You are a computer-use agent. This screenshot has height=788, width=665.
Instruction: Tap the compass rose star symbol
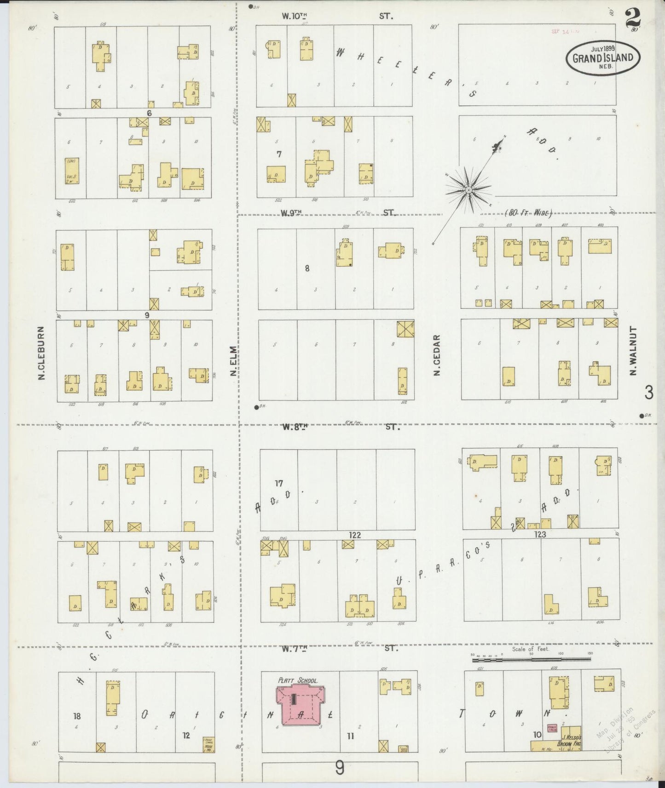click(x=468, y=189)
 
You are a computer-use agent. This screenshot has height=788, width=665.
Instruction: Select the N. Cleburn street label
click(x=41, y=353)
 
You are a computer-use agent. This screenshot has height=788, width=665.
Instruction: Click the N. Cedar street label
click(x=437, y=354)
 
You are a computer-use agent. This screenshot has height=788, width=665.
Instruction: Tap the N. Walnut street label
click(x=633, y=350)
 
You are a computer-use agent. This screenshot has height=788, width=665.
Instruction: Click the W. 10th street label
click(x=295, y=16)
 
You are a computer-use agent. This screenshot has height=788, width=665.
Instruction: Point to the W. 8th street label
click(x=295, y=427)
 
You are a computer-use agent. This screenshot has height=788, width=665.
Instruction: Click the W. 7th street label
click(x=295, y=648)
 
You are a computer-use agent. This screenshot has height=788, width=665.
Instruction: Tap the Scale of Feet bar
click(x=532, y=659)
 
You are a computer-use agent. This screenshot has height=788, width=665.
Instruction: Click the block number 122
click(x=355, y=535)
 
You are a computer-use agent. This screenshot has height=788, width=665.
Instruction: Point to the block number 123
click(x=540, y=534)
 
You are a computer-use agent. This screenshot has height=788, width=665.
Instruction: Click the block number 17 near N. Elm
click(x=279, y=483)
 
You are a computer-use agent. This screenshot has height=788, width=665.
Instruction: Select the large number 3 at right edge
click(x=648, y=392)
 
